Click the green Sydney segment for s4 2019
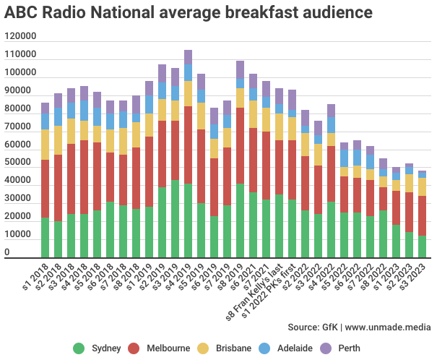click(188, 220)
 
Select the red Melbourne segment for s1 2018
click(46, 189)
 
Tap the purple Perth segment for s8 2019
click(240, 69)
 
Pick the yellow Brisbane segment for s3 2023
click(422, 187)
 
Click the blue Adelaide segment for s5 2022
click(344, 158)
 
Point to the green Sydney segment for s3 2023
click(422, 247)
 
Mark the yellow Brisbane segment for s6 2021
click(253, 114)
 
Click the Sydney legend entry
click(97, 348)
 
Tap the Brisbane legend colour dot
click(203, 348)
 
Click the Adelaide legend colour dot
click(264, 348)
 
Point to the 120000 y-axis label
click(20, 36)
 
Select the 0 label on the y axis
click(7, 252)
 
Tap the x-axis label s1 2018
click(35, 277)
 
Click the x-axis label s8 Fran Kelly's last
click(254, 292)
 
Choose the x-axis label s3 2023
click(412, 277)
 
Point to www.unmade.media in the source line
click(388, 327)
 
